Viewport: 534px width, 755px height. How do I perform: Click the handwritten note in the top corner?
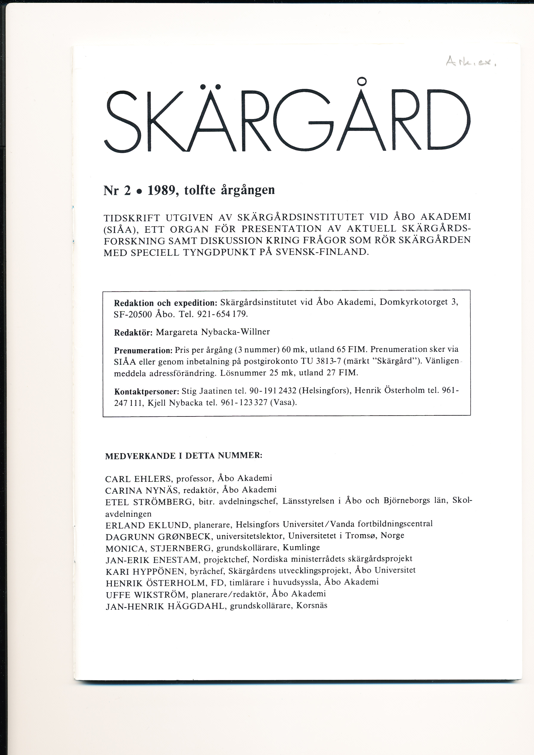(x=470, y=61)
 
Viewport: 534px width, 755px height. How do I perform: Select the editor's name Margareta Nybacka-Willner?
(x=213, y=332)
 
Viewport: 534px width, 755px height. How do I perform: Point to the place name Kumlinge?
(x=301, y=547)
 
